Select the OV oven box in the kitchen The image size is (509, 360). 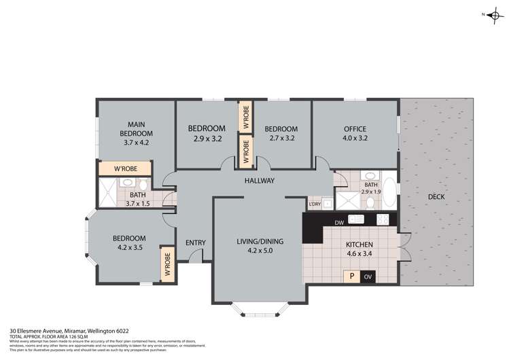[x=368, y=276]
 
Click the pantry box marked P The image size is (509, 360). [x=351, y=276]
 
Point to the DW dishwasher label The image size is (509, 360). [x=339, y=222]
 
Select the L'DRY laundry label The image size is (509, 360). [x=314, y=204]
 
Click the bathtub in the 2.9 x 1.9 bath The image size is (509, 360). [x=389, y=189]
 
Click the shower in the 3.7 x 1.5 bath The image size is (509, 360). [x=107, y=192]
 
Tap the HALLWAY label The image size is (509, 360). [x=260, y=181]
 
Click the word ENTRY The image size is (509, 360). [x=195, y=242]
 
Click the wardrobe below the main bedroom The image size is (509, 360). [x=127, y=169]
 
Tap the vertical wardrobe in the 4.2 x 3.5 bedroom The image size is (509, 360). [x=166, y=265]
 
